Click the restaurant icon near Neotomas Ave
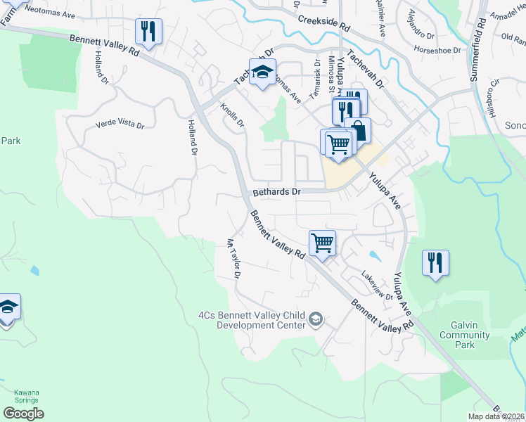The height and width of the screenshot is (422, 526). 149,30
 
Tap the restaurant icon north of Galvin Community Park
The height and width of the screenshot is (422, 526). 435,263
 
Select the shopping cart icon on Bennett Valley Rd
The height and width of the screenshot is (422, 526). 322,243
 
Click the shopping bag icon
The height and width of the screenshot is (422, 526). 358,130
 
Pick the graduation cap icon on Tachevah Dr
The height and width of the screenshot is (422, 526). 262,72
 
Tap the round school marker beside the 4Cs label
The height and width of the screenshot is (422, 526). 316,320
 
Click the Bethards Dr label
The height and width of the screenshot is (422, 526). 276,191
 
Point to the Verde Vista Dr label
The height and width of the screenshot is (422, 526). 120,124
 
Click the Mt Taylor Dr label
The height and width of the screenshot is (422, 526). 233,259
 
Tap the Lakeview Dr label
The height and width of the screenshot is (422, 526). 377,288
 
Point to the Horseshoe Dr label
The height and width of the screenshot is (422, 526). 437,50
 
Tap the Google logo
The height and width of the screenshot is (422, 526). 23,414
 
